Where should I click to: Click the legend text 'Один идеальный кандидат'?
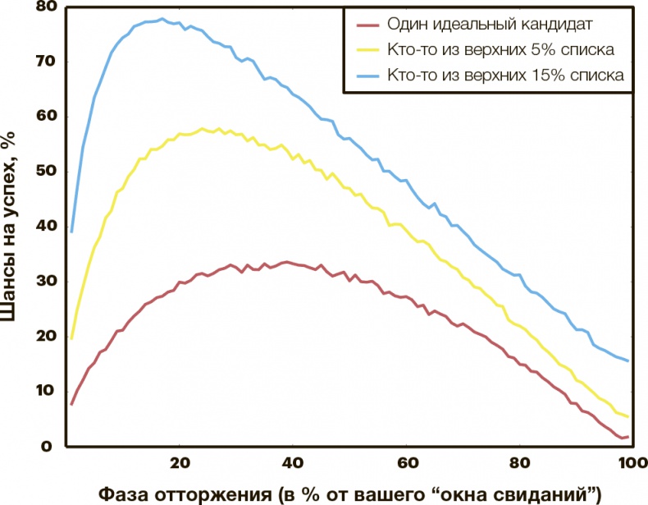[482, 25]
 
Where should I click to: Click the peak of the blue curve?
[161, 18]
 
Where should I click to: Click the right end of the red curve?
[628, 436]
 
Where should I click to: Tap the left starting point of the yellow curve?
[71, 338]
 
